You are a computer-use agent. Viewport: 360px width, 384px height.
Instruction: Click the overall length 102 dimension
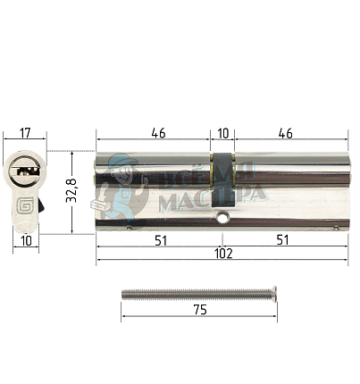pos(222,254)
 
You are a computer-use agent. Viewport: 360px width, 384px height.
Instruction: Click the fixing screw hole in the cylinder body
pos(222,219)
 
